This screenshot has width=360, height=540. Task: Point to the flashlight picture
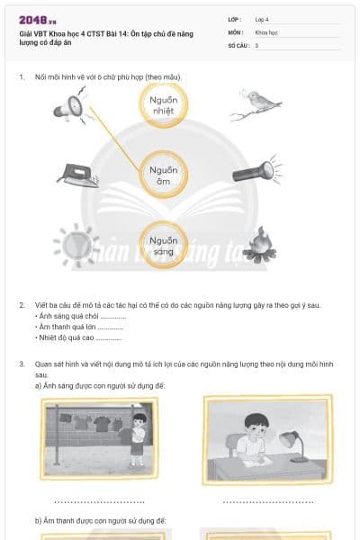click(x=254, y=171)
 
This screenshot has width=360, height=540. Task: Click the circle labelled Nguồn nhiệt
click(x=164, y=105)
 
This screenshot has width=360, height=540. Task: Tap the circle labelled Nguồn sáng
click(x=163, y=246)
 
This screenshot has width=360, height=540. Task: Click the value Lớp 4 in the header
click(x=262, y=19)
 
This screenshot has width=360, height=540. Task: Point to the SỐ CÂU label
click(x=238, y=44)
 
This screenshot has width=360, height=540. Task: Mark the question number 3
click(x=22, y=364)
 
